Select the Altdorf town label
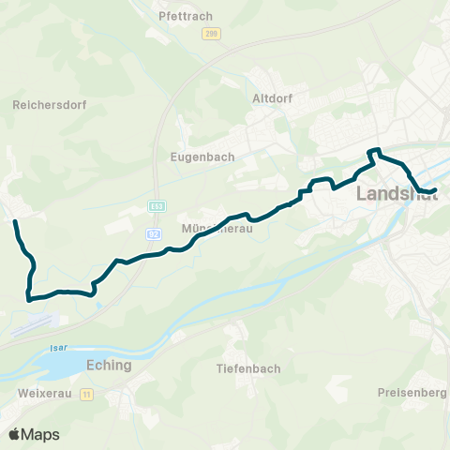273,97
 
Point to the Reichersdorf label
49,106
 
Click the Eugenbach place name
202,157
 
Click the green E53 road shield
155,205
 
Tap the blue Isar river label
54,347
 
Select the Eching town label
108,366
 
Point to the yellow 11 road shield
86,395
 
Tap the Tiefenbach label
247,368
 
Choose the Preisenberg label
412,392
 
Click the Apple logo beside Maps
14,434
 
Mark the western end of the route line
15,222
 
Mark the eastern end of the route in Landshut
436,191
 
